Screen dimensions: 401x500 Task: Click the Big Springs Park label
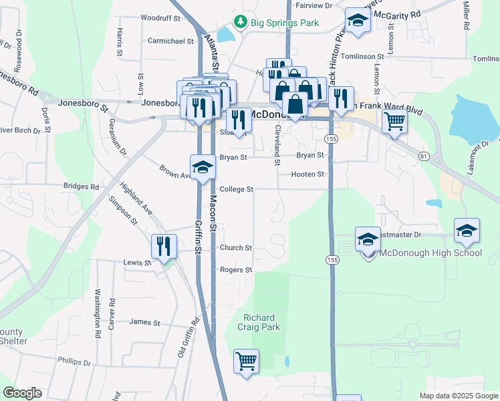285,22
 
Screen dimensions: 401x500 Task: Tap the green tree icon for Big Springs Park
242,22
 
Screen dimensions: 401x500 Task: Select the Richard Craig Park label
261,321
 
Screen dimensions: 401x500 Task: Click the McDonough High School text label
430,253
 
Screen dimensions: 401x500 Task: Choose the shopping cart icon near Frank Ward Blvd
394,122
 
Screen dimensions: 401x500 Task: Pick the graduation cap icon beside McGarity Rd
358,20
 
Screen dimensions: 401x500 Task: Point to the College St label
237,189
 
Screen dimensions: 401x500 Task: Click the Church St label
235,247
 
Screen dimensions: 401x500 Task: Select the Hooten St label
307,174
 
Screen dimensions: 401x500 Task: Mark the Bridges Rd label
81,186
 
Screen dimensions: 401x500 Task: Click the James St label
145,322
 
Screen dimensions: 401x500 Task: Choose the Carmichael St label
170,41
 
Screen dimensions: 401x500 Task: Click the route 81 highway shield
424,156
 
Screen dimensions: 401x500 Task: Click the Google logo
22,393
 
